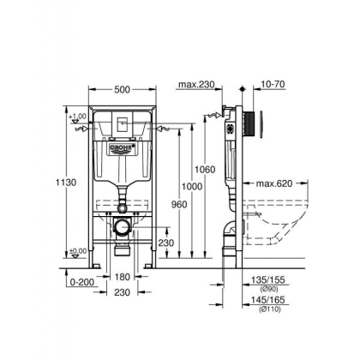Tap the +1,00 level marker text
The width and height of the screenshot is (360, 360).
80,117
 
